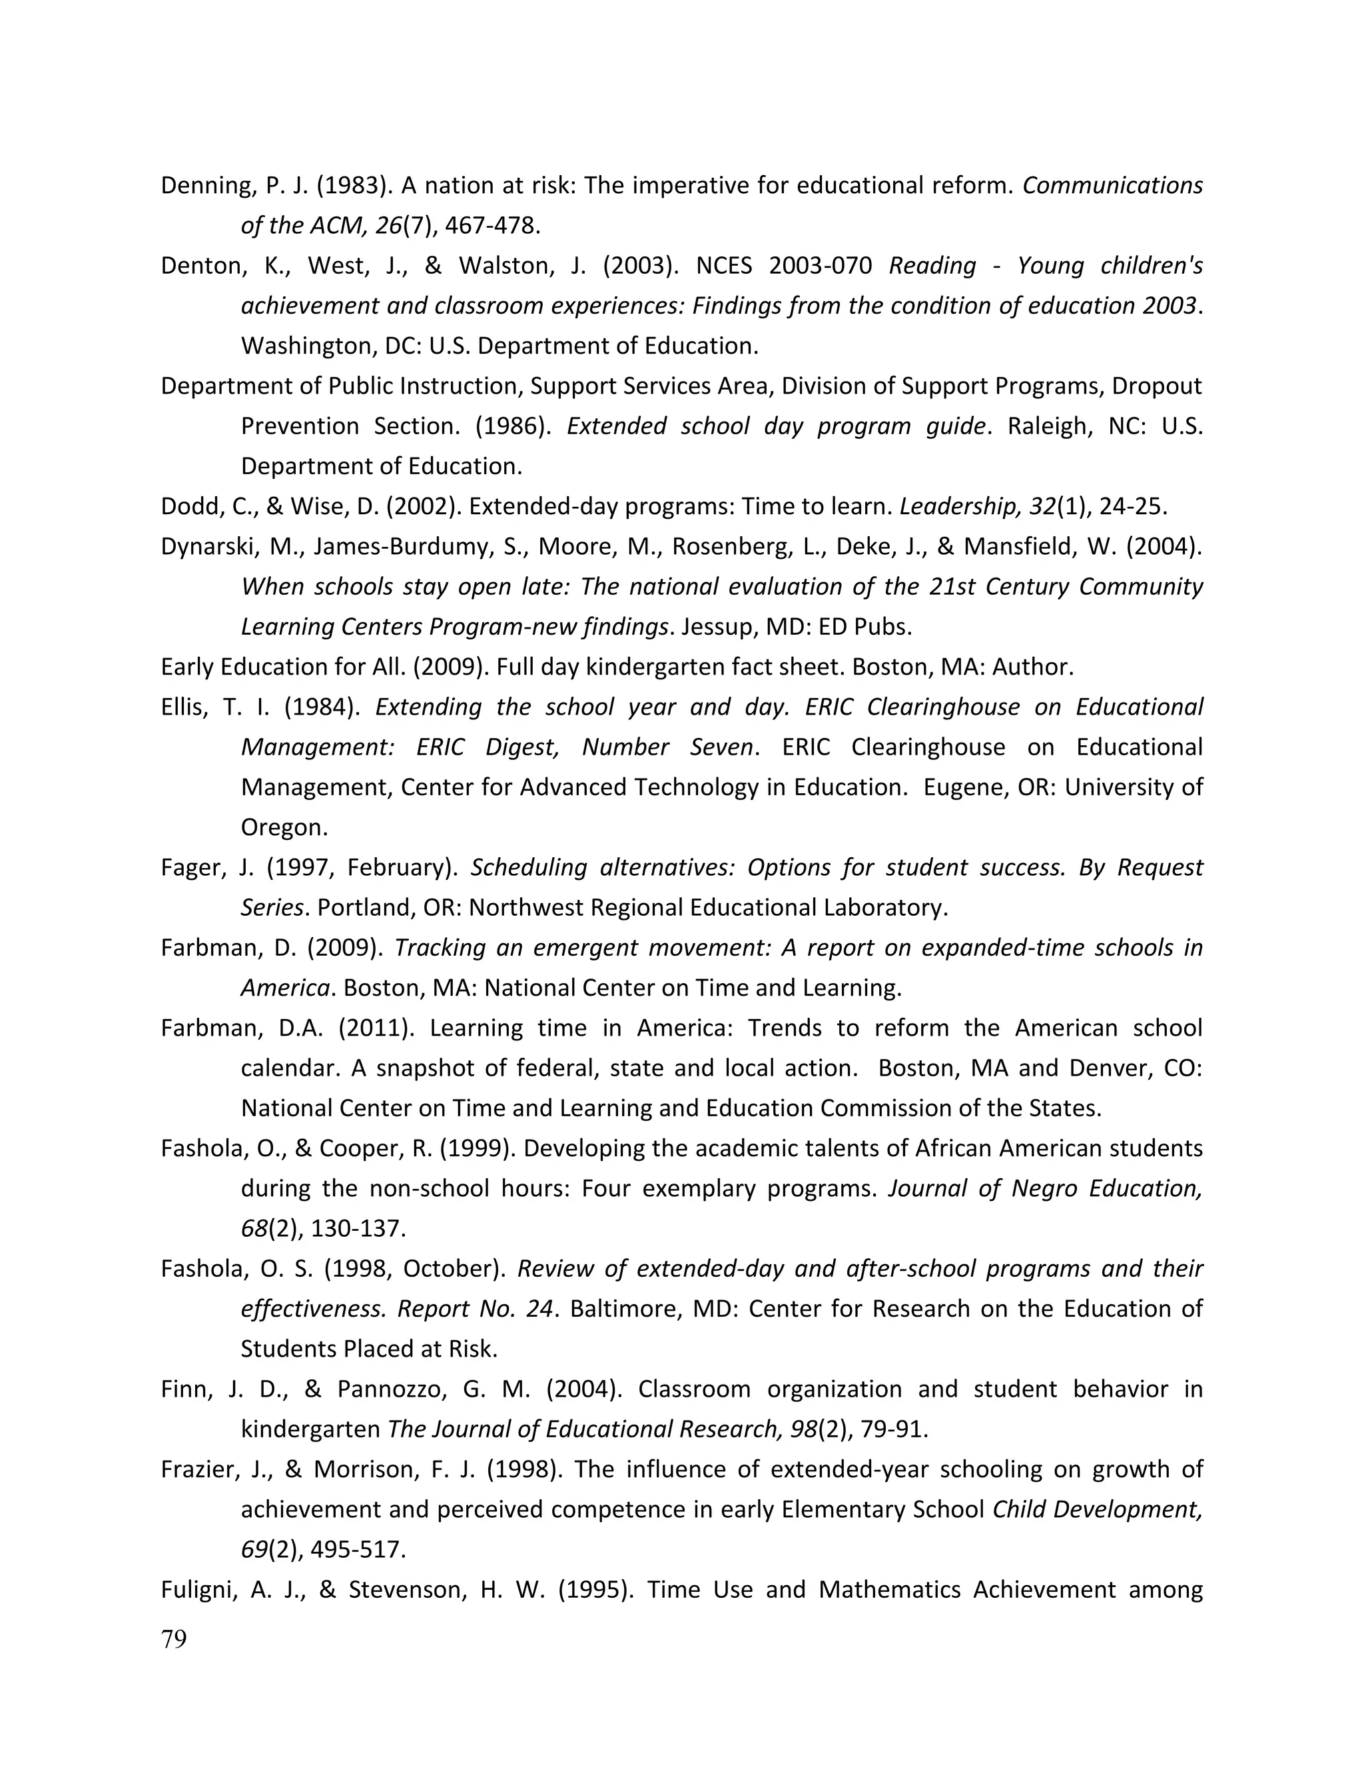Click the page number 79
click(174, 1639)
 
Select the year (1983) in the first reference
click(354, 186)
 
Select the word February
click(397, 867)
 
